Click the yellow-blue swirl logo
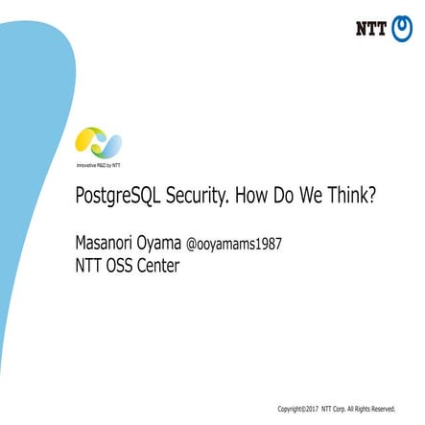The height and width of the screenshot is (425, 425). pos(99,143)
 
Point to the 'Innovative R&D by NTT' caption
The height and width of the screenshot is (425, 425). pos(99,165)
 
